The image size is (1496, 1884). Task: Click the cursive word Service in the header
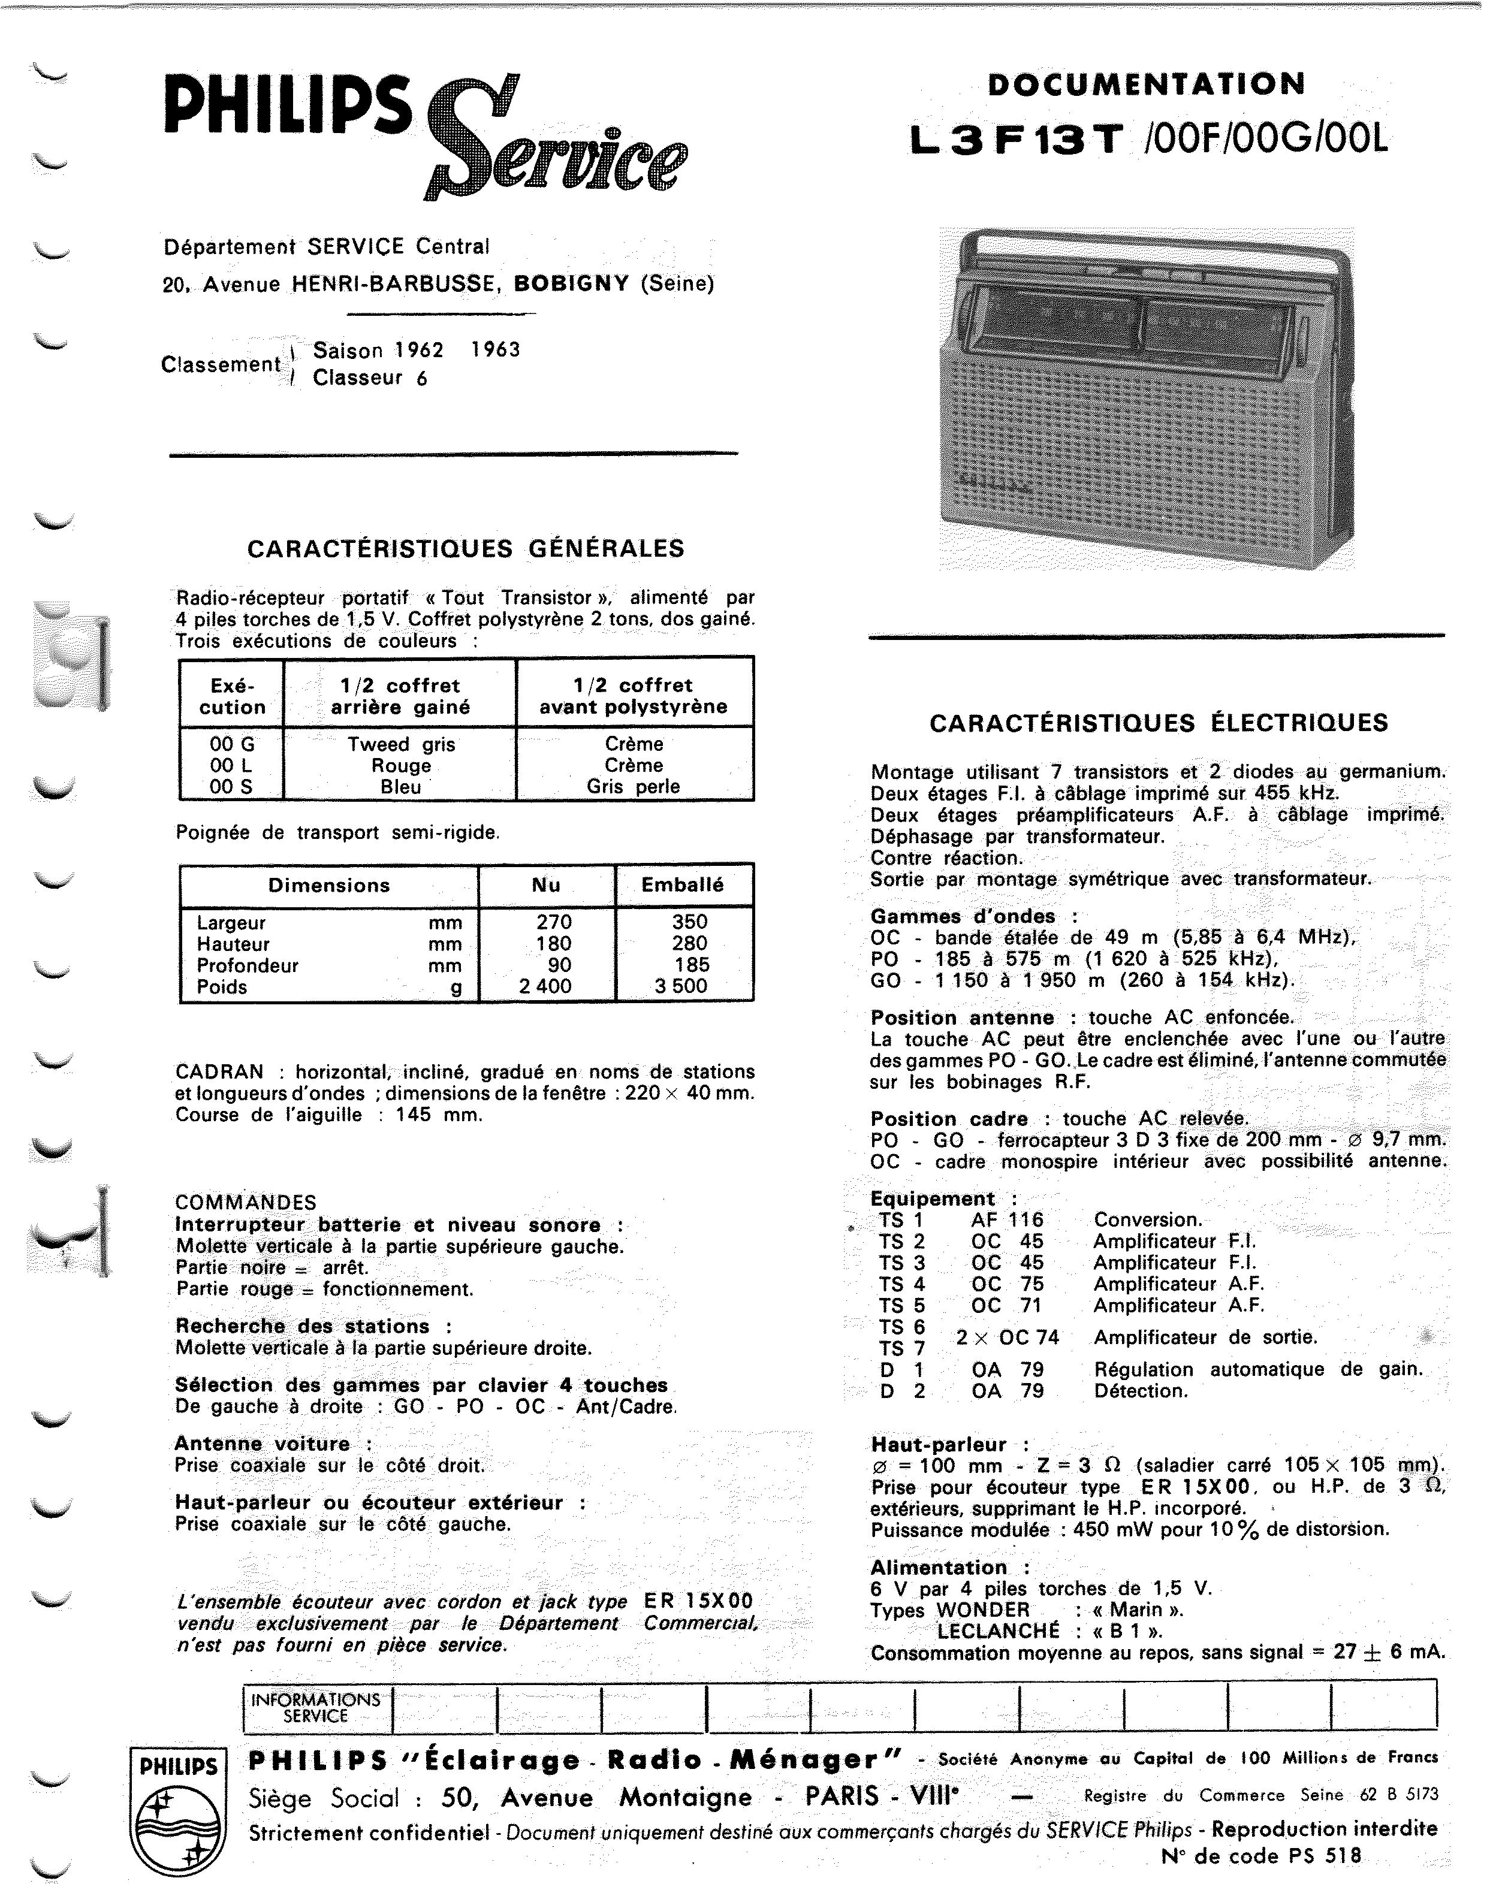click(x=559, y=144)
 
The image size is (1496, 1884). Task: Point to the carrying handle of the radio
click(x=1153, y=243)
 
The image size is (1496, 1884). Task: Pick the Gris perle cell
click(x=634, y=786)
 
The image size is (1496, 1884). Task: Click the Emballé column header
click(x=683, y=884)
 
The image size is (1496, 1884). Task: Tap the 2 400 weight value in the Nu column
click(x=545, y=986)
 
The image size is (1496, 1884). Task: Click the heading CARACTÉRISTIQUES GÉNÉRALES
click(x=466, y=549)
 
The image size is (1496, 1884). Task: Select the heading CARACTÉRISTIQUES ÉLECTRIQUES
click(x=1159, y=723)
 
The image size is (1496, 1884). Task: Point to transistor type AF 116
click(x=1008, y=1220)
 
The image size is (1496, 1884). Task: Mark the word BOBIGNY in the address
click(x=572, y=283)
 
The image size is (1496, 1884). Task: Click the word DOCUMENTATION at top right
click(x=1147, y=84)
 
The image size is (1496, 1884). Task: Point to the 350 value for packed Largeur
click(x=689, y=922)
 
